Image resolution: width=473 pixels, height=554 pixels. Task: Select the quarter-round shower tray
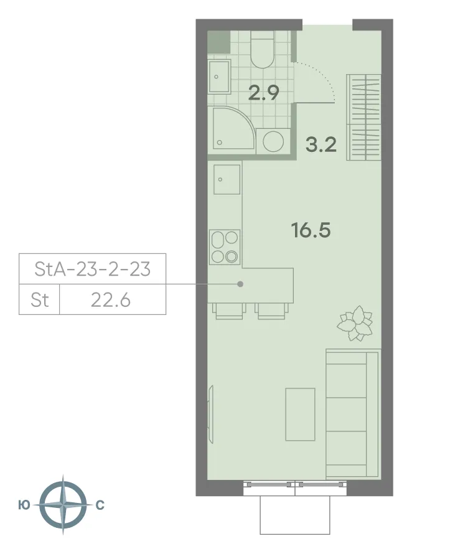231,129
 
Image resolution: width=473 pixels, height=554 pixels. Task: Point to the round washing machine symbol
273,141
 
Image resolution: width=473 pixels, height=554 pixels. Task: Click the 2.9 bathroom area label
263,93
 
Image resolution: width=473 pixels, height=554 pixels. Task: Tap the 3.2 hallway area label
321,145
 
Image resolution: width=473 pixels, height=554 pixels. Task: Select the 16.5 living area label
311,230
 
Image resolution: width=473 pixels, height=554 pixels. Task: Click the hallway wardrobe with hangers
363,116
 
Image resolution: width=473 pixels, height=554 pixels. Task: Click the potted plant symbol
355,323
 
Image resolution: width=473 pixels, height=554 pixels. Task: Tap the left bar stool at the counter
228,311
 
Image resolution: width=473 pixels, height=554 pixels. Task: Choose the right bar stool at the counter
271,311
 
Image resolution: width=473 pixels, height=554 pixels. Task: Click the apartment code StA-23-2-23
92,269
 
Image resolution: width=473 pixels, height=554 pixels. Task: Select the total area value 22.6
110,300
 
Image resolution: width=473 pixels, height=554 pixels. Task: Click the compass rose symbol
62,505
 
